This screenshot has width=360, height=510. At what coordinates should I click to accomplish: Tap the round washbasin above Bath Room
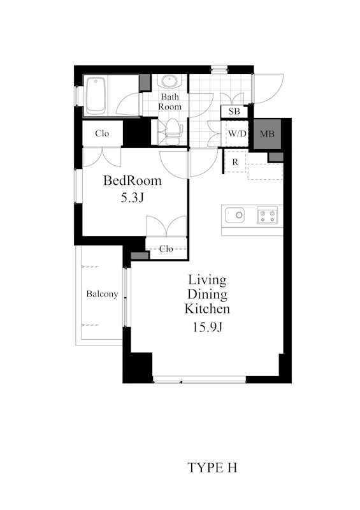pyautogui.click(x=169, y=81)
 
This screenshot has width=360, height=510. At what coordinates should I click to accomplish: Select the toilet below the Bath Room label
pyautogui.click(x=171, y=131)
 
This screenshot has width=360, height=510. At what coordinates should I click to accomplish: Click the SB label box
pyautogui.click(x=234, y=112)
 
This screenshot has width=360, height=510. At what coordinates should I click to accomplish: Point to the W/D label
pyautogui.click(x=237, y=133)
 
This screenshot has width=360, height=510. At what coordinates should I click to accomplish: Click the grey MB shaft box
pyautogui.click(x=267, y=134)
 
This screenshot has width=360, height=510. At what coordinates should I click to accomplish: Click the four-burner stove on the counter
pyautogui.click(x=268, y=215)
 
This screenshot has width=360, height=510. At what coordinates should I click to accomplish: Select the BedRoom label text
pyautogui.click(x=133, y=180)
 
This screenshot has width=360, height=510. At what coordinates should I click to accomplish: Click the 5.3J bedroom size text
pyautogui.click(x=132, y=198)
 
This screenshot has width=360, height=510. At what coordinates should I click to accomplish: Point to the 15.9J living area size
pyautogui.click(x=207, y=327)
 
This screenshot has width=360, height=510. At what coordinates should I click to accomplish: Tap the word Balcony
pyautogui.click(x=102, y=294)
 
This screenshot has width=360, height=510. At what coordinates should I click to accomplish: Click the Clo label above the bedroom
pyautogui.click(x=102, y=133)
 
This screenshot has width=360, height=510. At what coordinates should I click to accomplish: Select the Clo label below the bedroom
pyautogui.click(x=166, y=249)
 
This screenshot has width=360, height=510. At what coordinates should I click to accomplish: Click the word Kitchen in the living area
pyautogui.click(x=207, y=309)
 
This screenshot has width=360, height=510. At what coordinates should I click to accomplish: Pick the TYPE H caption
pyautogui.click(x=212, y=468)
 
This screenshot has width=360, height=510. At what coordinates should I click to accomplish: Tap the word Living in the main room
pyautogui.click(x=207, y=280)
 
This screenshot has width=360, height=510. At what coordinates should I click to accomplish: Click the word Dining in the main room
pyautogui.click(x=207, y=295)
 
